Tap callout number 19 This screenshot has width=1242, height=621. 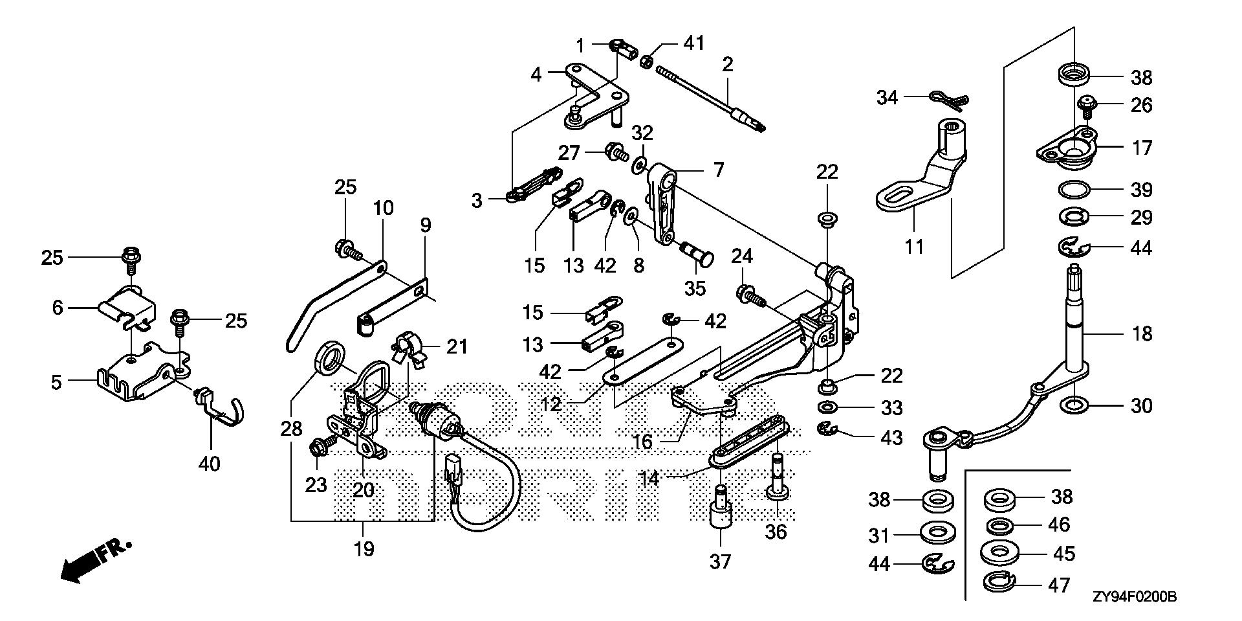(364, 550)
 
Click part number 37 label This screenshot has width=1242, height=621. (720, 561)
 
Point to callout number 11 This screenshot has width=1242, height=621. (914, 247)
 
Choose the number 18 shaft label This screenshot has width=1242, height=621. (1142, 334)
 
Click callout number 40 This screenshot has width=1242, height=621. (210, 464)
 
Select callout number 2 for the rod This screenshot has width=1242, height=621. (728, 64)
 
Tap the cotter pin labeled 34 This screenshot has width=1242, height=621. (949, 98)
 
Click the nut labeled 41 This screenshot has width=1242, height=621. (646, 62)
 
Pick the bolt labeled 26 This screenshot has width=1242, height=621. (1087, 104)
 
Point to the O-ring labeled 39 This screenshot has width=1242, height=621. (1075, 189)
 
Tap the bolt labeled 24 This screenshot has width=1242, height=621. (749, 297)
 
